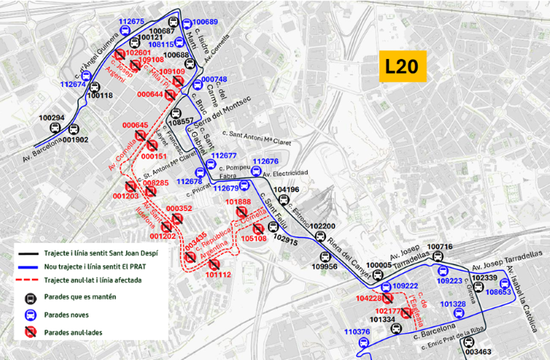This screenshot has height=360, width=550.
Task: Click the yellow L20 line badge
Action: click(x=404, y=67)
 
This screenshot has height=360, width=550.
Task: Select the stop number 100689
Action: click(x=205, y=22)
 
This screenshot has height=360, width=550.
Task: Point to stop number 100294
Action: click(x=51, y=118)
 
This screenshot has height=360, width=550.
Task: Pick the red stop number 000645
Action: click(x=136, y=125)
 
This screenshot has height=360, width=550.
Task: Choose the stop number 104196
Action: click(x=285, y=190)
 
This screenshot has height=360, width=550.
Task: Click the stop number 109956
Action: click(x=324, y=267)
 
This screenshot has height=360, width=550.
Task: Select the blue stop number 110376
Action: click(x=358, y=331)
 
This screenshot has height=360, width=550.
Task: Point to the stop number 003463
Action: click(x=477, y=351)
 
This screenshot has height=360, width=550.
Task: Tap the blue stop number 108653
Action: click(x=498, y=292)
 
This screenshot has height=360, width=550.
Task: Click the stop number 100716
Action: click(x=439, y=247)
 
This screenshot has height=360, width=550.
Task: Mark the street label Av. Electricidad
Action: click(x=285, y=173)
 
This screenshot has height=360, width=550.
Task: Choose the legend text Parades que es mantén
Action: click(x=81, y=297)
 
